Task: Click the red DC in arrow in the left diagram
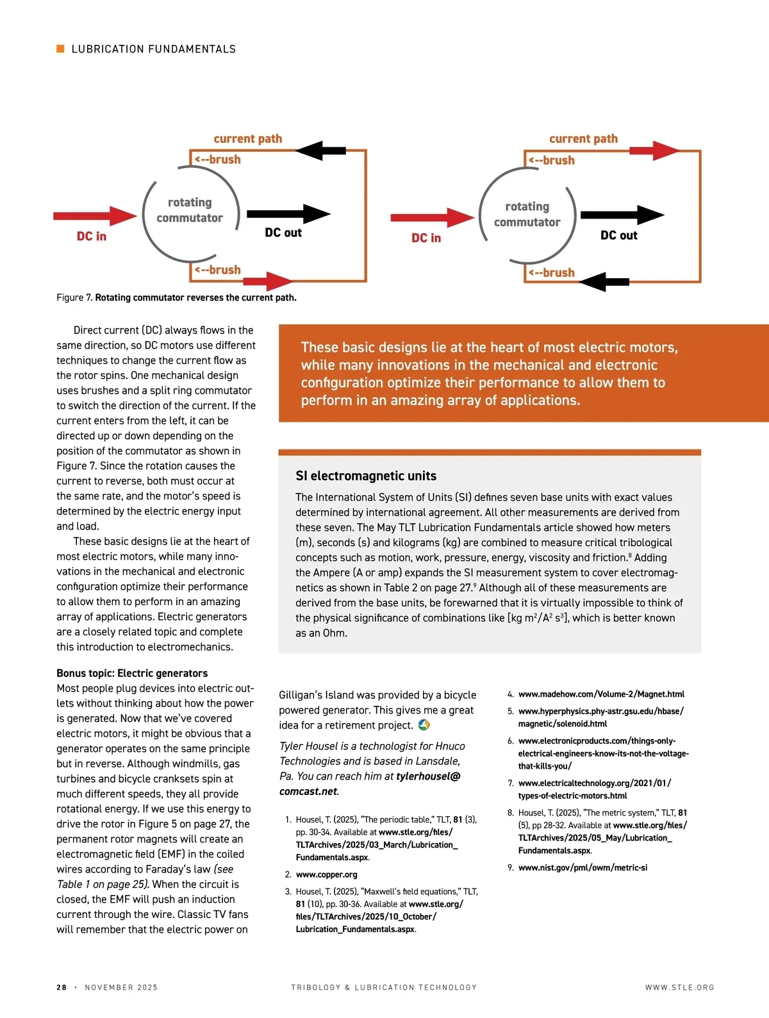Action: click(95, 216)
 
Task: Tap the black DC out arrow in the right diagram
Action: click(622, 215)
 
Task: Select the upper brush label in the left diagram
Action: click(218, 160)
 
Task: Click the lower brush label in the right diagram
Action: click(552, 273)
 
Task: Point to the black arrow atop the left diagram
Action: click(321, 151)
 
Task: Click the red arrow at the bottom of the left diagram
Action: click(268, 281)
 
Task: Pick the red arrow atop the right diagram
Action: click(654, 151)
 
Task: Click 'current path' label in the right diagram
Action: click(583, 138)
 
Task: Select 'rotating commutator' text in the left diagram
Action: click(190, 210)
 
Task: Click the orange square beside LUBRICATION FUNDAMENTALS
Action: click(61, 49)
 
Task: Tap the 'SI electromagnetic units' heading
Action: click(366, 476)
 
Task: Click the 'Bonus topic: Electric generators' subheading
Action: click(132, 673)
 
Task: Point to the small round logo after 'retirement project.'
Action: click(424, 725)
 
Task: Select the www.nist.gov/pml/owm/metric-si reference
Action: click(583, 867)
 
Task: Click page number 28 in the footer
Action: click(62, 987)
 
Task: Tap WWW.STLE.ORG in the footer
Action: click(679, 987)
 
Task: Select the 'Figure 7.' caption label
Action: click(74, 297)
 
